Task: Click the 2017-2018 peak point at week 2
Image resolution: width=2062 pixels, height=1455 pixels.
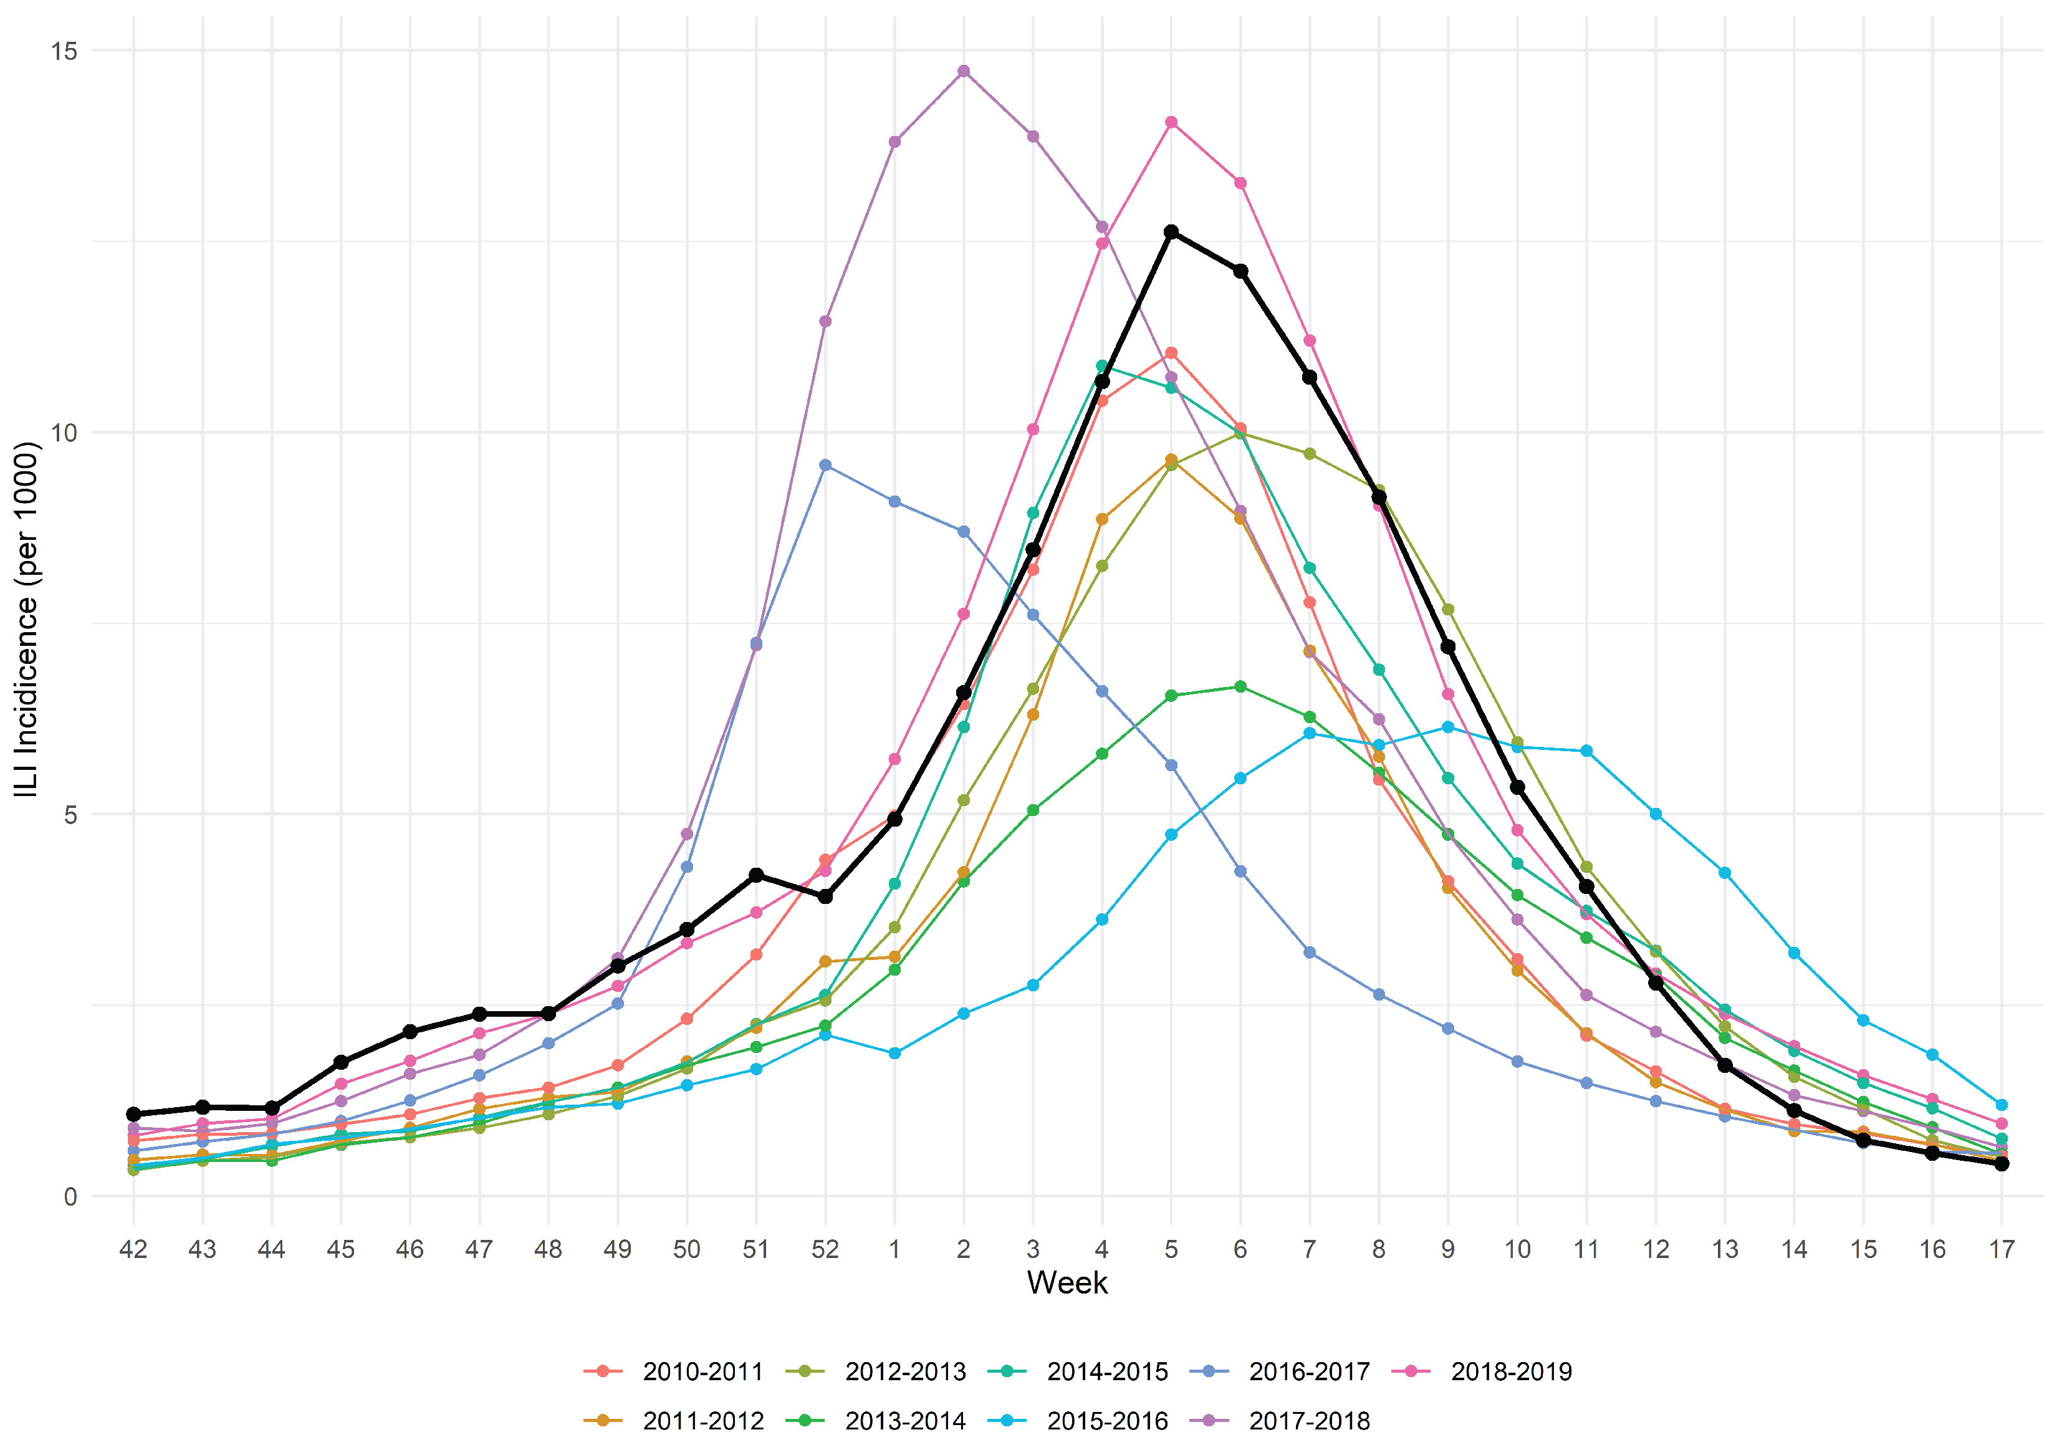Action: [x=964, y=71]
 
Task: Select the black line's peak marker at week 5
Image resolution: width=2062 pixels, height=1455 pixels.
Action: [x=1171, y=232]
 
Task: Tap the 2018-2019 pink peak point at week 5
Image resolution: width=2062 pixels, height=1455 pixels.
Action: [x=1171, y=122]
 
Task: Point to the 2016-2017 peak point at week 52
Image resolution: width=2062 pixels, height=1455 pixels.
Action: [x=825, y=465]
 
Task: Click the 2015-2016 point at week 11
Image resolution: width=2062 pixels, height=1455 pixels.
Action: [x=1586, y=751]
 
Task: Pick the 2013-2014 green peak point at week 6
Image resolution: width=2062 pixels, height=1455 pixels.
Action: [x=1240, y=686]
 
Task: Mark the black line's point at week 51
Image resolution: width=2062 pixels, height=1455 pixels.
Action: [x=756, y=875]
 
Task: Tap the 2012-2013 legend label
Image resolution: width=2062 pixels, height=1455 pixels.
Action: [x=904, y=1371]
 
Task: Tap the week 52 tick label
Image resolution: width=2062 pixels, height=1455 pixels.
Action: [x=825, y=1249]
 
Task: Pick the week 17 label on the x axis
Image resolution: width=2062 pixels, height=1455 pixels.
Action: [x=2002, y=1249]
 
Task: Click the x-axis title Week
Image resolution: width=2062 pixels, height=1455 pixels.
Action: [x=1067, y=1282]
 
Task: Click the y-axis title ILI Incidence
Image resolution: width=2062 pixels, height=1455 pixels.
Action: [x=27, y=620]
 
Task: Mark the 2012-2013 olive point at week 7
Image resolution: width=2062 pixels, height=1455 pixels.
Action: [x=1310, y=454]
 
